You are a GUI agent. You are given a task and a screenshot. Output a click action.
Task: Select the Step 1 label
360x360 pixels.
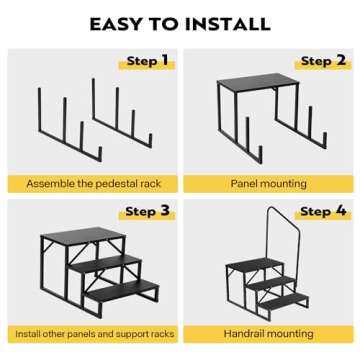pos(146,62)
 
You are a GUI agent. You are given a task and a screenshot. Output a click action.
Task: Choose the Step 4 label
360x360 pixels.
pos(322,212)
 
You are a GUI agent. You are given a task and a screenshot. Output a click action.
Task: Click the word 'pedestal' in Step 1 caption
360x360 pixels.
pos(113,184)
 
